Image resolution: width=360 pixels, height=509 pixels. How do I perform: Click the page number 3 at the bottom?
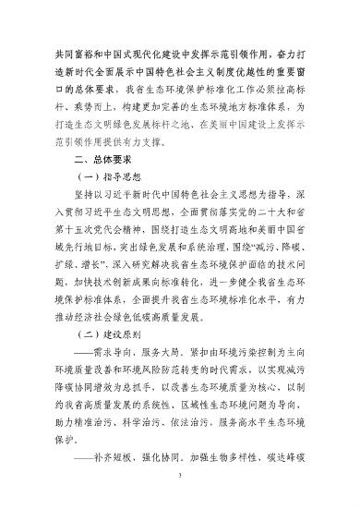point(179,479)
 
